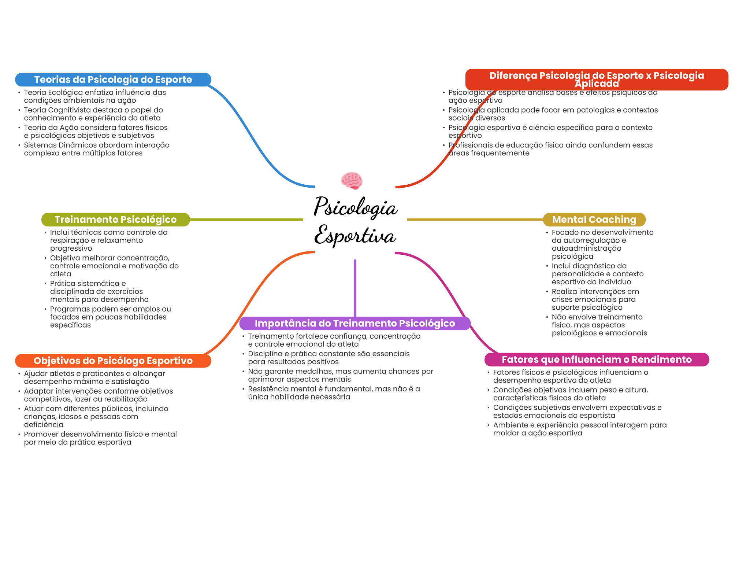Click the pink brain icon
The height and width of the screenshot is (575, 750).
pos(352,180)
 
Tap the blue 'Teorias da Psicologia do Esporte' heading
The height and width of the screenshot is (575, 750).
pos(113,80)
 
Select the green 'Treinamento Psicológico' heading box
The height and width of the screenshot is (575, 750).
pos(115,220)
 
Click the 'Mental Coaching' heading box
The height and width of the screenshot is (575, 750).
pos(594,220)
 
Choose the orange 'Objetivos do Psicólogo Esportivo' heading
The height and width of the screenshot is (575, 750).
pos(113,361)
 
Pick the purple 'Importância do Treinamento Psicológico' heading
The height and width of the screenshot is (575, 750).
pos(354,323)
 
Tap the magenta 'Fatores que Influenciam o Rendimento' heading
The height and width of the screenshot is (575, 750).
pos(597,360)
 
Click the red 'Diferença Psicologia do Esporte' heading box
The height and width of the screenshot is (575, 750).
pos(597,80)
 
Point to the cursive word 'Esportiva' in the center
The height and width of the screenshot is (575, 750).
pos(355,235)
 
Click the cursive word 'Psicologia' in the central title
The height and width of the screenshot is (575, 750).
pos(355,207)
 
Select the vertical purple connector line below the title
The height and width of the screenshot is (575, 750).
pos(355,288)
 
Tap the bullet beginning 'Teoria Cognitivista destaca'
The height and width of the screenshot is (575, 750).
pos(93,114)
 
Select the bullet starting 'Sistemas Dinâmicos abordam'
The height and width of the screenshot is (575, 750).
pos(97,149)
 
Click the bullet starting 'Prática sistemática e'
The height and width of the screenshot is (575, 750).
pos(99,291)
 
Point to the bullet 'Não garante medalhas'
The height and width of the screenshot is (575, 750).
pos(341,375)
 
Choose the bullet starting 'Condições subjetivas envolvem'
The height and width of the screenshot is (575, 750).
pos(577,412)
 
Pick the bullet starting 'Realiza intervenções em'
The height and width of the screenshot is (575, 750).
pos(595,299)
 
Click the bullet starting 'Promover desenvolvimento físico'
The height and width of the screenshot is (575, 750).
pos(100,438)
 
